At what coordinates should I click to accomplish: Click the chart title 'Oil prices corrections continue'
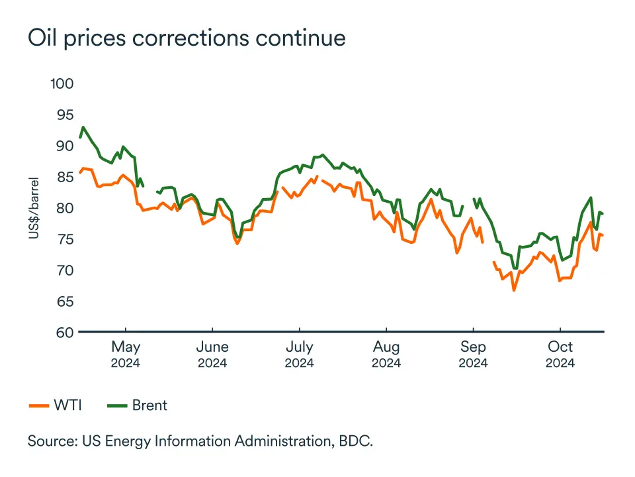tap(187, 38)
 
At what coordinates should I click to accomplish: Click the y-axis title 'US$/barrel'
tap(34, 207)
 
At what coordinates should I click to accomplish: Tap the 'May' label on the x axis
tap(126, 347)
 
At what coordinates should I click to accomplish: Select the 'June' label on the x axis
tap(212, 347)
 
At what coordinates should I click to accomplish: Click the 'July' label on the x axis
tap(299, 347)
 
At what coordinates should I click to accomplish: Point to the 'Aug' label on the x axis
tap(386, 347)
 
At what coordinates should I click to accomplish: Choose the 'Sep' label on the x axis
tap(473, 347)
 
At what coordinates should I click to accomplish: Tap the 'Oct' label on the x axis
tap(560, 347)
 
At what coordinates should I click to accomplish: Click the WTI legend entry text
tap(67, 405)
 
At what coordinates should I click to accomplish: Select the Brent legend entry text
tap(149, 405)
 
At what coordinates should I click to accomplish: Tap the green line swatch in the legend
tap(117, 405)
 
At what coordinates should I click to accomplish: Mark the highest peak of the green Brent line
tap(83, 127)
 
